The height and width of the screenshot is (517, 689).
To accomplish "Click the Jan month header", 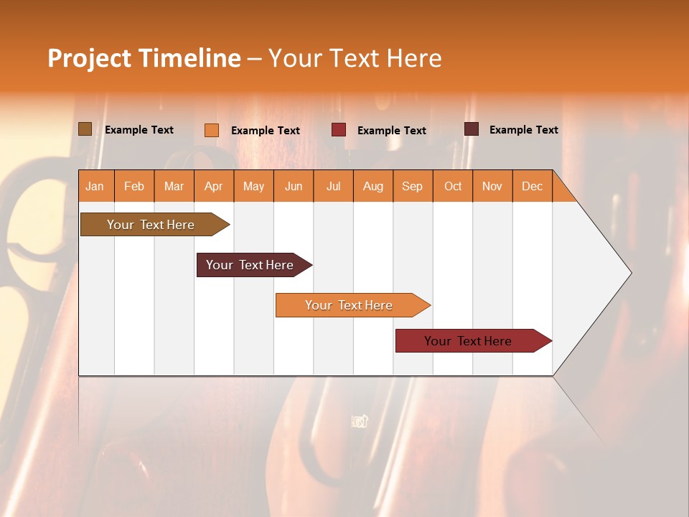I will click(x=95, y=186).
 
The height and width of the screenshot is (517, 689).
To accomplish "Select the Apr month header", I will click(x=213, y=186).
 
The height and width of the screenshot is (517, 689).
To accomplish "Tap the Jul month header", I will click(x=333, y=186).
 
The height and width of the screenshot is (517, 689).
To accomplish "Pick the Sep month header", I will click(x=412, y=186).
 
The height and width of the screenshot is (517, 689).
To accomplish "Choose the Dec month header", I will click(x=532, y=186).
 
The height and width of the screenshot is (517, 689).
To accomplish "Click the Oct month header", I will click(x=453, y=186).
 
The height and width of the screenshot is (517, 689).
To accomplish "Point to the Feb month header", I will click(x=134, y=186).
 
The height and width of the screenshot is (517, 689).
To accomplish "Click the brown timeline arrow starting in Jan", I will click(x=151, y=225).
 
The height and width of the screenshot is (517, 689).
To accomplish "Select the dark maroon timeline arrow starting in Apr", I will click(x=250, y=265).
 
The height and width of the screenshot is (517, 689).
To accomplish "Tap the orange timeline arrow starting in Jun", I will click(x=349, y=305).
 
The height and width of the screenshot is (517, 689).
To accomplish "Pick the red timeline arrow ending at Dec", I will click(x=468, y=341).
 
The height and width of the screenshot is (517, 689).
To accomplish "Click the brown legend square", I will click(x=85, y=129).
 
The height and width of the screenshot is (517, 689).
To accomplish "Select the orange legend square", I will click(x=212, y=130).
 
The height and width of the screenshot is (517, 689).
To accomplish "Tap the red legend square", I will click(x=339, y=130).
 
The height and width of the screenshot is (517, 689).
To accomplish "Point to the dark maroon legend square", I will click(x=472, y=129).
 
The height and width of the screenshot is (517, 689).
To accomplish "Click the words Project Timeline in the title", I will click(x=144, y=58).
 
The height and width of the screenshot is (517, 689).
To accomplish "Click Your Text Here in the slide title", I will click(x=355, y=58).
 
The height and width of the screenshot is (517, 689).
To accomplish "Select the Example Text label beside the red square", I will click(x=391, y=131).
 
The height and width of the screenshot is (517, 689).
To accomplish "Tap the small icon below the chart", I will click(x=360, y=421).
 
